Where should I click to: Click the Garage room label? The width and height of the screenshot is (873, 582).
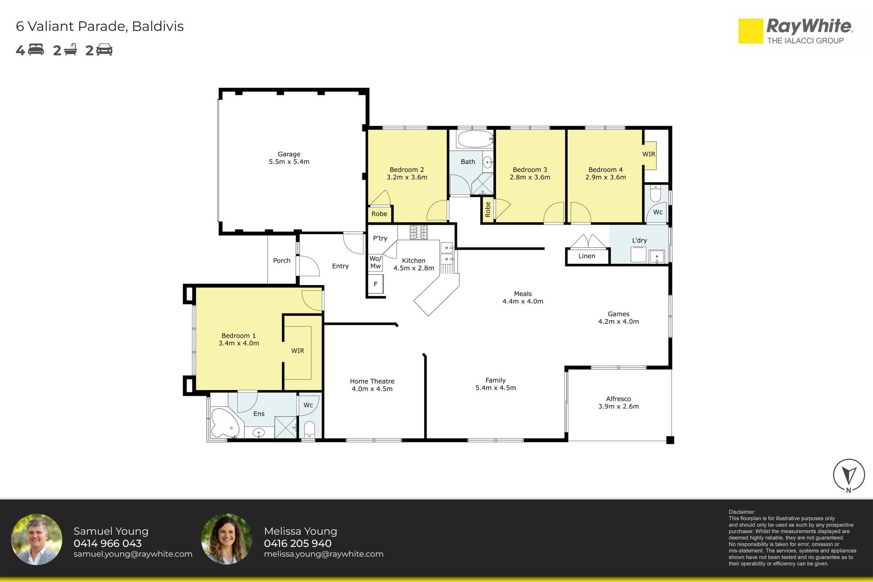click(289, 154)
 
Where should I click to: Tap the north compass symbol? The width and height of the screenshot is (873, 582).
click(849, 476)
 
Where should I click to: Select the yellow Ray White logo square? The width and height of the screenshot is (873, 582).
click(750, 31)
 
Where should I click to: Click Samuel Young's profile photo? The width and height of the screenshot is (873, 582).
click(36, 540)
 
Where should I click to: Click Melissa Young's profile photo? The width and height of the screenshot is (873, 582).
click(226, 540)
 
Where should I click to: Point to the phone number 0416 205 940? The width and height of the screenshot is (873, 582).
click(298, 543)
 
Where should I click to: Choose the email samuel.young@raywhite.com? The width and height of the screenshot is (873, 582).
click(133, 554)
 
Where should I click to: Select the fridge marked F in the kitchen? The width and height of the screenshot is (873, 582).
click(376, 284)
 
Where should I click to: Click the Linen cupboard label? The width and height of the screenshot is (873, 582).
click(587, 256)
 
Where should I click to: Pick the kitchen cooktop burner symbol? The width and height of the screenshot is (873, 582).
click(419, 232)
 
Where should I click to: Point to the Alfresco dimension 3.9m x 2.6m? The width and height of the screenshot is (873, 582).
click(618, 406)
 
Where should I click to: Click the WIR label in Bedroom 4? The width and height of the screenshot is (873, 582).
click(649, 154)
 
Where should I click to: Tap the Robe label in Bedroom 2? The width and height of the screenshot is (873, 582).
click(379, 214)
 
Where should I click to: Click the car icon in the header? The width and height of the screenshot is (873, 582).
click(104, 50)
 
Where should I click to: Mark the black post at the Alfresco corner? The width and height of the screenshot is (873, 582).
click(670, 440)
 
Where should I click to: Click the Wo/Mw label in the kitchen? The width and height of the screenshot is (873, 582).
click(376, 262)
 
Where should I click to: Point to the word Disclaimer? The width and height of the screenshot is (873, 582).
click(742, 512)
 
